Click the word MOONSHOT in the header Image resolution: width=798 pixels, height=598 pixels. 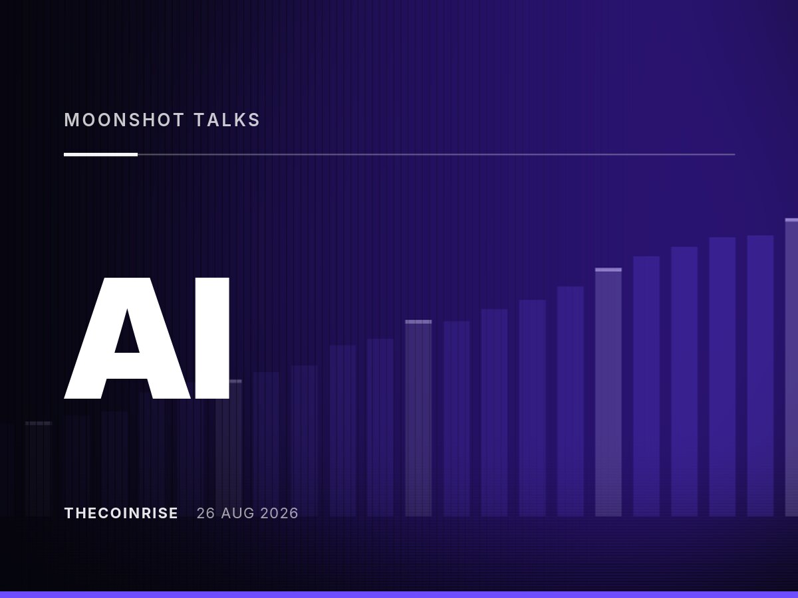click(124, 120)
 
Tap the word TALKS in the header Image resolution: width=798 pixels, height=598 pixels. click(227, 120)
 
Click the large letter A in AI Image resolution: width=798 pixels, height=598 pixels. click(127, 338)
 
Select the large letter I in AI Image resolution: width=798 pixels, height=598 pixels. click(212, 338)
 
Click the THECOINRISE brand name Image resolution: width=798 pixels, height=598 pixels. click(121, 513)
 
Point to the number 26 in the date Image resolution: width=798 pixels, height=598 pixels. click(205, 513)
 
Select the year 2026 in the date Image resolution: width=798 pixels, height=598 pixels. click(279, 513)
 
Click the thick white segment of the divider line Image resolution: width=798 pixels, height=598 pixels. click(100, 154)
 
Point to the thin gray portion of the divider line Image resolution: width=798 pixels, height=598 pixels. click(436, 154)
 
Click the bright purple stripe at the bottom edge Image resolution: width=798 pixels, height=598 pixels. click(399, 595)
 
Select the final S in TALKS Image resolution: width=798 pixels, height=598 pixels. click(254, 120)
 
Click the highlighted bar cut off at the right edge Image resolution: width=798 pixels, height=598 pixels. click(791, 367)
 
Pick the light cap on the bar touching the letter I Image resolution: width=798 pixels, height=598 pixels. click(235, 381)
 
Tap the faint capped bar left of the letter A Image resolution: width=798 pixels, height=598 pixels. click(39, 468)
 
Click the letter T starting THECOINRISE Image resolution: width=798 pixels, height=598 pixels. click(68, 513)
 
